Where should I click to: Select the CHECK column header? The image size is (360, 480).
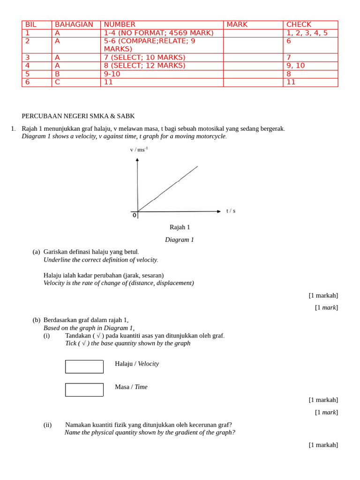point(299,24)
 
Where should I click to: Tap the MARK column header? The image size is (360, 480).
point(237,24)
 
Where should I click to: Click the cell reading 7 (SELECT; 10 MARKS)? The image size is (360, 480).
point(144,57)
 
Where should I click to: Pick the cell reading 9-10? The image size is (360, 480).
point(112,74)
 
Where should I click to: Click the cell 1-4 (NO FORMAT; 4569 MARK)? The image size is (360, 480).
point(158,33)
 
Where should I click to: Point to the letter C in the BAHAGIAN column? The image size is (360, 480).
point(57,82)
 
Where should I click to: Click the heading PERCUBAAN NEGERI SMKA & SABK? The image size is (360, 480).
point(78,116)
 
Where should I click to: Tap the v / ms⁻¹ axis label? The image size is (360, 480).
point(139,150)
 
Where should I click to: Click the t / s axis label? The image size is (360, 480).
point(231,211)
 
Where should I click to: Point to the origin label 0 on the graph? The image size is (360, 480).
point(135,215)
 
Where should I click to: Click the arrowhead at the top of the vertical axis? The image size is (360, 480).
point(137,160)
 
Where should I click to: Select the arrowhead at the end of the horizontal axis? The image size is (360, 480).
point(218,211)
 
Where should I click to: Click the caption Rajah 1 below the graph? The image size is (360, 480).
point(180,227)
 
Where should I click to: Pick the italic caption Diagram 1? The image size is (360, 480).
point(179,240)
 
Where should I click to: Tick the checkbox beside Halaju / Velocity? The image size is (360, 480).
point(84,367)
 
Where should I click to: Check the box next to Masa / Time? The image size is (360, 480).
point(84,390)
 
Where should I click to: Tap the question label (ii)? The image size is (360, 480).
point(47,425)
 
